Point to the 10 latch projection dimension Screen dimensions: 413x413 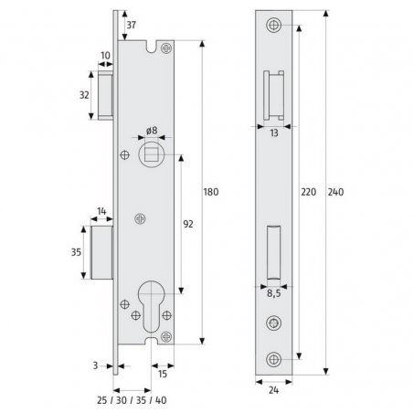pyautogui.click(x=105, y=56)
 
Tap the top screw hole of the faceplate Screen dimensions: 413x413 pyautogui.click(x=273, y=25)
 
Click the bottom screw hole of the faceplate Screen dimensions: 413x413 pyautogui.click(x=273, y=358)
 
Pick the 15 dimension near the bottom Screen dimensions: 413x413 pyautogui.click(x=161, y=373)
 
